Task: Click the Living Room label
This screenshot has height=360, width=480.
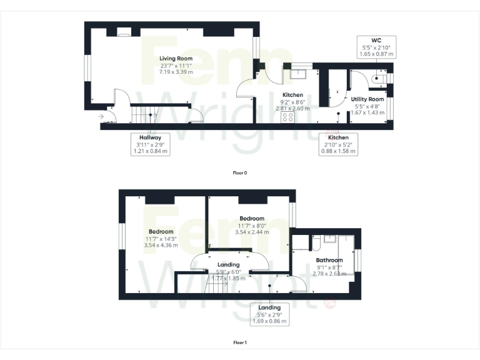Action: tap(176, 58)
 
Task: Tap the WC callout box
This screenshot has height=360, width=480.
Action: tap(376, 47)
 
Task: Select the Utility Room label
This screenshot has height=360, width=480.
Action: tap(367, 99)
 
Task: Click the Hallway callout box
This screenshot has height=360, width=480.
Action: tap(151, 144)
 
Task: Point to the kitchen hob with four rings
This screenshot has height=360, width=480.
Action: tap(288, 116)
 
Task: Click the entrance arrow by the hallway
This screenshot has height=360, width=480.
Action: tap(101, 116)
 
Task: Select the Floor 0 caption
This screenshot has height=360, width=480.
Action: tap(240, 172)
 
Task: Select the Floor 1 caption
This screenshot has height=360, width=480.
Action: tap(240, 342)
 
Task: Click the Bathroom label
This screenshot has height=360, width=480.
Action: tap(329, 260)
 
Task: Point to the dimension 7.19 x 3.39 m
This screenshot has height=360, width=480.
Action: tap(176, 72)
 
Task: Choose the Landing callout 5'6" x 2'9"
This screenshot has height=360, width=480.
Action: tap(269, 314)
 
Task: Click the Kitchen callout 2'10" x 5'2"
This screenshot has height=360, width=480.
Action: tap(338, 144)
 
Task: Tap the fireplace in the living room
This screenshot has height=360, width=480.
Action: tap(124, 32)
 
